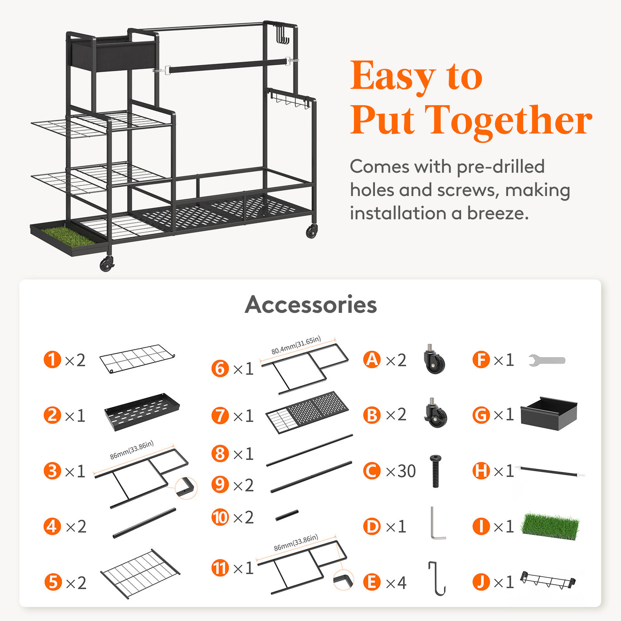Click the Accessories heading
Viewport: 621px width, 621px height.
310,305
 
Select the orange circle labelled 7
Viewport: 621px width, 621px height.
220,415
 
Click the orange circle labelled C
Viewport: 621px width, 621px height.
372,471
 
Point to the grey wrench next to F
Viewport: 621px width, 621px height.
547,360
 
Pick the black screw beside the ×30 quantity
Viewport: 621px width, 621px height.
436,471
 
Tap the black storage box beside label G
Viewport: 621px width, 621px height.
549,413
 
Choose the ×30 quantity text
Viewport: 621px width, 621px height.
401,471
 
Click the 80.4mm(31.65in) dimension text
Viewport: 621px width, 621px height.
296,345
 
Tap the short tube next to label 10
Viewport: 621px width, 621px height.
287,515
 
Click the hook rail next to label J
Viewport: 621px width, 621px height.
548,580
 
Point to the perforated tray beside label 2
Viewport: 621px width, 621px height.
142,412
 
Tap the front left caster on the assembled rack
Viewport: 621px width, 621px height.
107,264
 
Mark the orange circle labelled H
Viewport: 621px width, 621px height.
481,471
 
